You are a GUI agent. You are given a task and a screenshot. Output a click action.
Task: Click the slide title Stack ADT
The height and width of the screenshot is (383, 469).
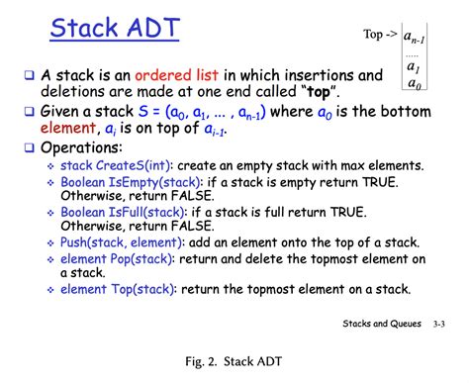pos(115,29)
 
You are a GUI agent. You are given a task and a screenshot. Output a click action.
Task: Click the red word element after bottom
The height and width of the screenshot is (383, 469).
pos(68,128)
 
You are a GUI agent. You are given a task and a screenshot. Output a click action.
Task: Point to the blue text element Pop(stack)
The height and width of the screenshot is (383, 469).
pos(125,260)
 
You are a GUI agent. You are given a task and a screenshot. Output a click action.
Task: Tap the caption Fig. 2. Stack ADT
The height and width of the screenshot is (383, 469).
pos(234,363)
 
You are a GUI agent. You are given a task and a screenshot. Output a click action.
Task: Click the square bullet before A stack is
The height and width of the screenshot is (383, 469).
pos(30,76)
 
